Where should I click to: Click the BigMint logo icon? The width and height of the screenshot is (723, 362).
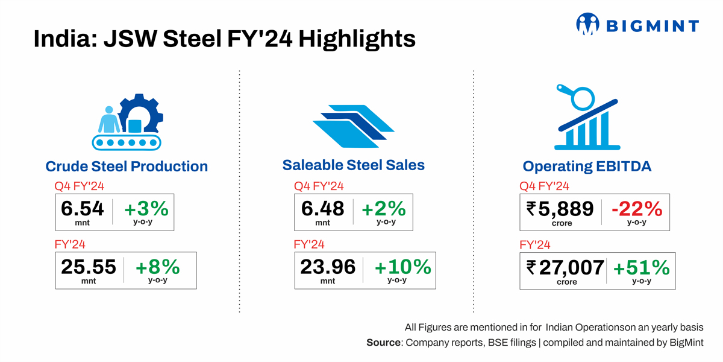pyautogui.click(x=588, y=25)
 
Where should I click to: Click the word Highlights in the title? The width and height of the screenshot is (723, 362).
pyautogui.click(x=357, y=39)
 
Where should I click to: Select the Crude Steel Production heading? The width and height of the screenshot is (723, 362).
pyautogui.click(x=127, y=167)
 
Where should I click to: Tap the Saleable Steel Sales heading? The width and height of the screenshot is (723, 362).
pyautogui.click(x=354, y=165)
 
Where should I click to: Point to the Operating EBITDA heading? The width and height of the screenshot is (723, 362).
pyautogui.click(x=587, y=167)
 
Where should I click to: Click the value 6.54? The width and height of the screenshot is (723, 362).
pyautogui.click(x=83, y=209)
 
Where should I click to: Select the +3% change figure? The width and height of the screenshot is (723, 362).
pyautogui.click(x=146, y=209)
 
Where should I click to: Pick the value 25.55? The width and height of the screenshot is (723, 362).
pyautogui.click(x=89, y=267)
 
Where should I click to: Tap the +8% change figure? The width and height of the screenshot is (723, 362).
pyautogui.click(x=157, y=267)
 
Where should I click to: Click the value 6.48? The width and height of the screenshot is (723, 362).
pyautogui.click(x=322, y=209)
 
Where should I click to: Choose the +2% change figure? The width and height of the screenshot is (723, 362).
pyautogui.click(x=383, y=209)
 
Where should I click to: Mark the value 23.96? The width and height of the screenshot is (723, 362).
pyautogui.click(x=328, y=266)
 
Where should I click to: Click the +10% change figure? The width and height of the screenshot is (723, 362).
pyautogui.click(x=403, y=266)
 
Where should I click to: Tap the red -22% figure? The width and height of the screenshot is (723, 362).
pyautogui.click(x=636, y=209)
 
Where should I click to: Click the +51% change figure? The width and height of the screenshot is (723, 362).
pyautogui.click(x=641, y=267)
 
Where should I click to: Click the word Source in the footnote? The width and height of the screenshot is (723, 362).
pyautogui.click(x=383, y=343)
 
